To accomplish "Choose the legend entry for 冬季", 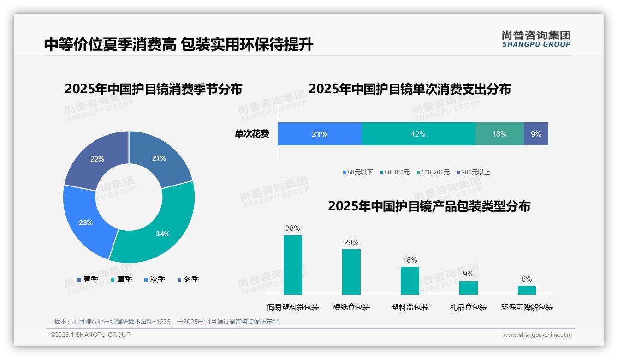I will point(188,280).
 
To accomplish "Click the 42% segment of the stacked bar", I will point(418,134).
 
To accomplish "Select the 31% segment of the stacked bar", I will point(319,134).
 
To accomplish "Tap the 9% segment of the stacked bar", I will point(536,134).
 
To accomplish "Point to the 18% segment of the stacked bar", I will point(499,134).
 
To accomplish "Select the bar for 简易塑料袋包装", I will point(292,265).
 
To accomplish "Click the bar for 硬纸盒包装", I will point(351,272).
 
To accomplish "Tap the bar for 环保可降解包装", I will point(527,290).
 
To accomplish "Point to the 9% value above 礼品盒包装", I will point(468,274).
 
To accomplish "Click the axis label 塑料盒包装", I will point(410,307).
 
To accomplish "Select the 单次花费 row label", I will point(252,134).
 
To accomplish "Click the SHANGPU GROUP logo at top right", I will point(536,39).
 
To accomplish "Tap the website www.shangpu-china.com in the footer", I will point(537,335).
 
